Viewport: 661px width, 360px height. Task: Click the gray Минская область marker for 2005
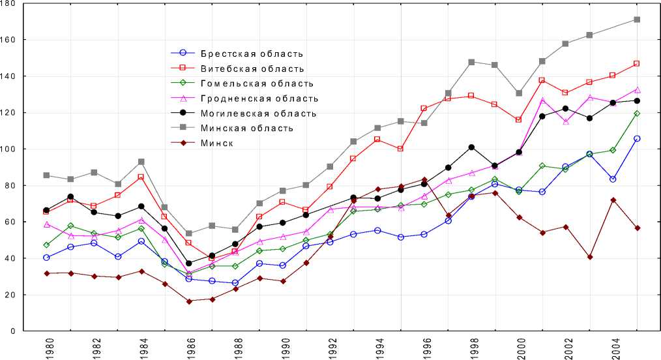pos(637,20)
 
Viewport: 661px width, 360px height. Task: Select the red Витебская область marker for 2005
pos(637,63)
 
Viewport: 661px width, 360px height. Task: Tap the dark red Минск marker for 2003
pos(590,257)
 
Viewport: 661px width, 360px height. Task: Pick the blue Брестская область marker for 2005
pos(637,138)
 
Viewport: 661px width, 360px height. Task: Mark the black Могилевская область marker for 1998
pos(471,147)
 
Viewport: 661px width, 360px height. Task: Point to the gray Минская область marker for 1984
pos(141,162)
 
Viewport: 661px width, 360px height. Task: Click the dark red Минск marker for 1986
pos(188,301)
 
